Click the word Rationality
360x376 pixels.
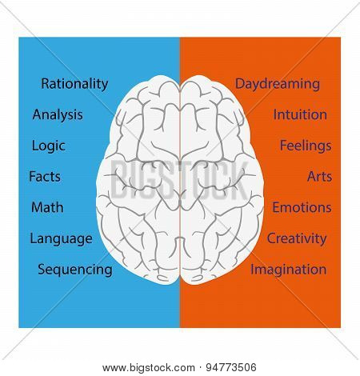(x=74, y=84)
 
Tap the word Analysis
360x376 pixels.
(x=58, y=115)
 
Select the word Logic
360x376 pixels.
(x=49, y=146)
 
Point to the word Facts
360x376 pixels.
(x=45, y=177)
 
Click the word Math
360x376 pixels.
(x=47, y=207)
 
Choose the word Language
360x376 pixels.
(x=62, y=239)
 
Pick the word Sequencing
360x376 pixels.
(x=75, y=270)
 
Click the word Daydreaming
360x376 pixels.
(x=278, y=84)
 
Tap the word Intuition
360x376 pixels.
(x=300, y=114)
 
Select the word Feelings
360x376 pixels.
(x=306, y=146)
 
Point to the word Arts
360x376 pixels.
(x=319, y=177)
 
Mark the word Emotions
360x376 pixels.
(x=302, y=207)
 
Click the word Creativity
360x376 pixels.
(x=297, y=239)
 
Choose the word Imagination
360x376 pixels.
(x=289, y=270)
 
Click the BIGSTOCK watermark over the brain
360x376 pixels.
(x=179, y=180)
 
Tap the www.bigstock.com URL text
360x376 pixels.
(x=149, y=368)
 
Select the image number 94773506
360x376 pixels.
(x=231, y=368)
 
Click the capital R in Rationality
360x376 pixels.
(x=46, y=84)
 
